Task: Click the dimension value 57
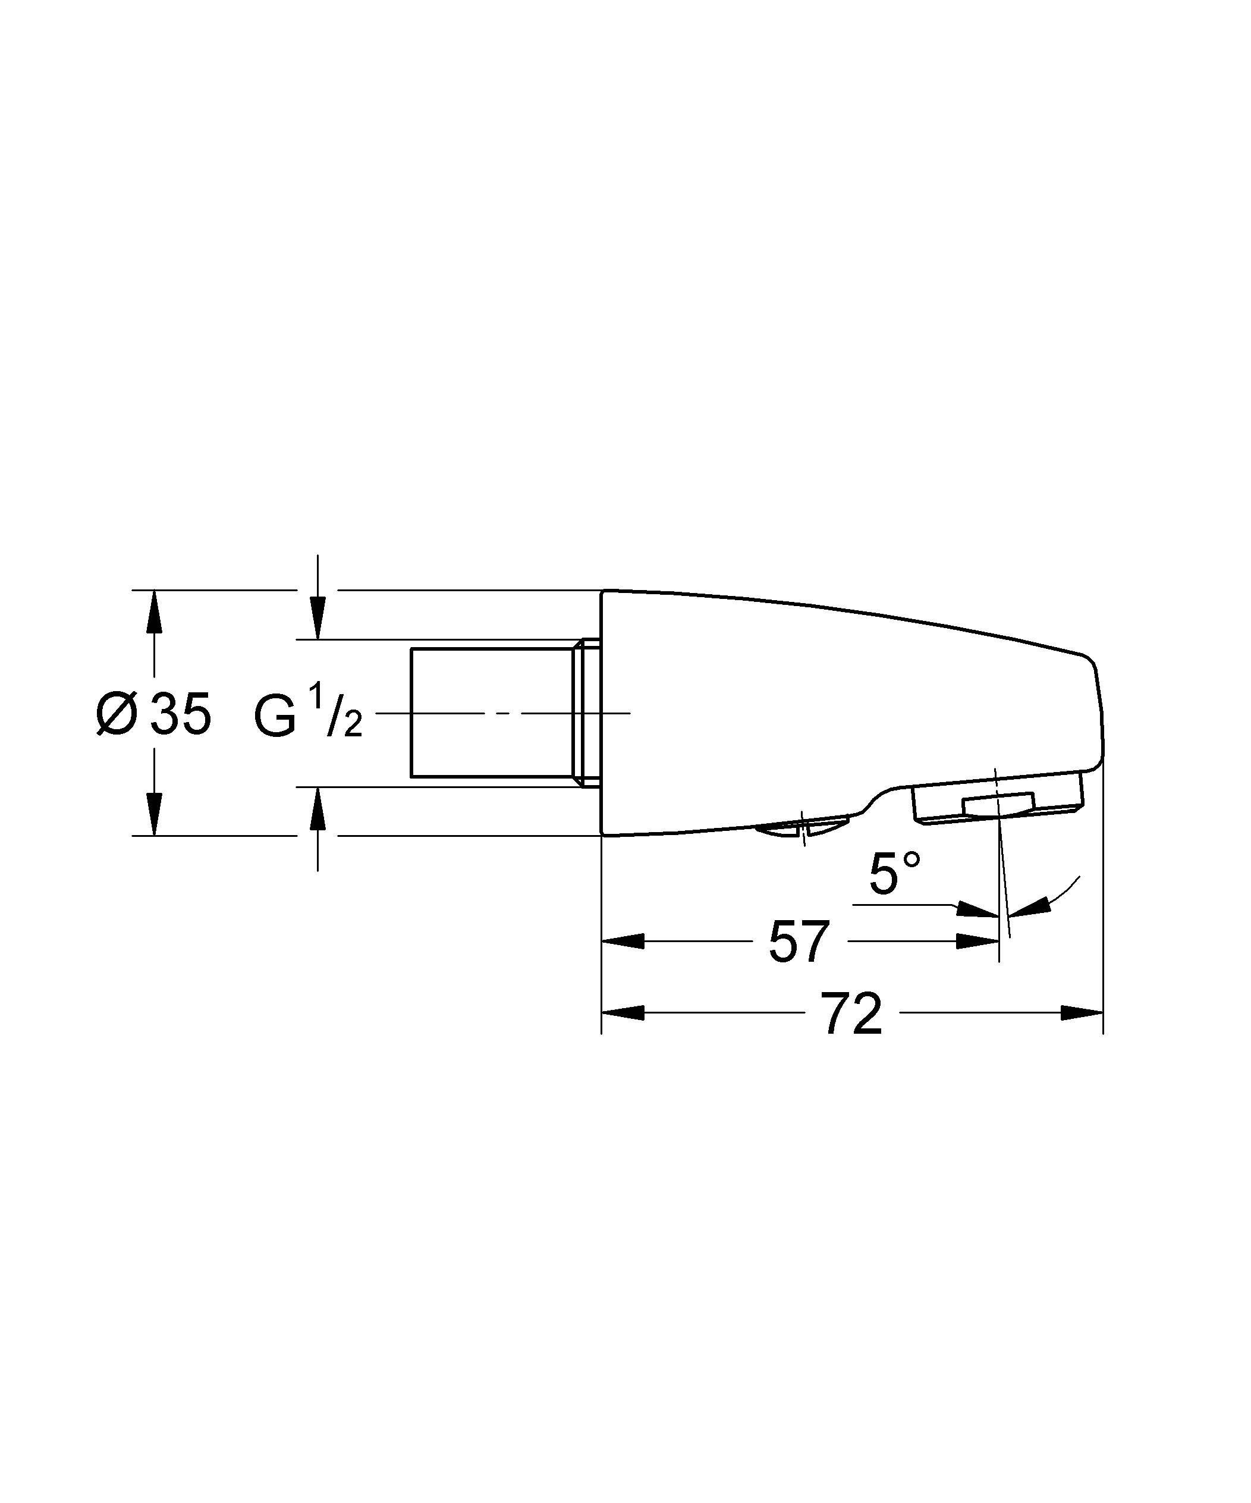tap(799, 943)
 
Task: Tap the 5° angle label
tap(894, 874)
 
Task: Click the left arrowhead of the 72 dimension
tap(623, 1013)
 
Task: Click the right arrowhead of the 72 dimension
tap(1082, 1013)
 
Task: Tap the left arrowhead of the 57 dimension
tap(623, 941)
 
